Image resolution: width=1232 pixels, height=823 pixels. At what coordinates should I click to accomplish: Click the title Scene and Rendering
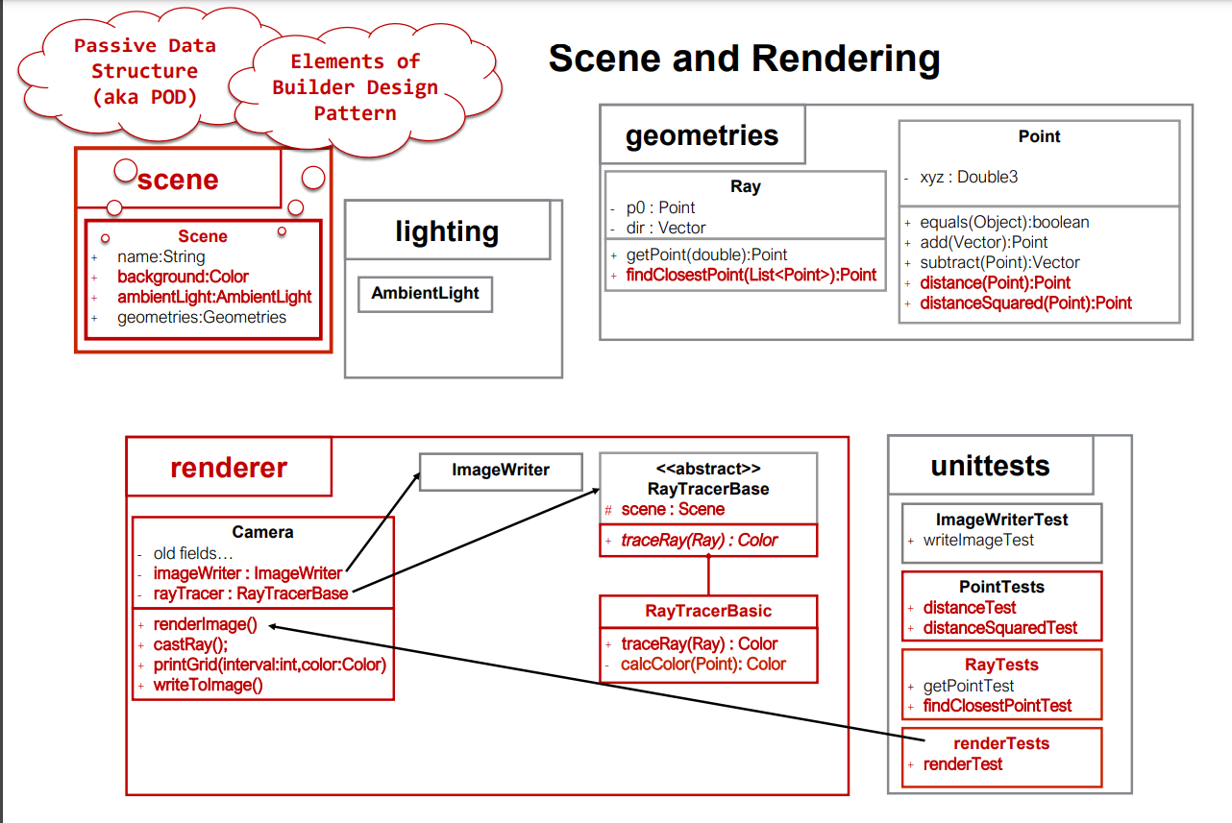tap(744, 60)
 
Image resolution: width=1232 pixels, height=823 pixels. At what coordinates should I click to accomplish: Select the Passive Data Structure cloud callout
tap(144, 71)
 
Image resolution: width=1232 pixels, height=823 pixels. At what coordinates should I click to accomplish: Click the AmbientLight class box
tap(425, 294)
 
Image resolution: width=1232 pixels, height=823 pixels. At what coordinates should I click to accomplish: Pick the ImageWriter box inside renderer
tap(501, 471)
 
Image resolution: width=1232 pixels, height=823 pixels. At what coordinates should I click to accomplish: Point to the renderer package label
tap(229, 468)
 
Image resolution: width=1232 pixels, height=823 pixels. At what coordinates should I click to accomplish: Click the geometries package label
tap(702, 135)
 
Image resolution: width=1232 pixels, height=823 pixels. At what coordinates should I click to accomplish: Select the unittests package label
tap(990, 466)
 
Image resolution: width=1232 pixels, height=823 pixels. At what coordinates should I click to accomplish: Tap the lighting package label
tap(447, 231)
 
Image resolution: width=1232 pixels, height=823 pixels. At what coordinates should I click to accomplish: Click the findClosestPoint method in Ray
tap(751, 275)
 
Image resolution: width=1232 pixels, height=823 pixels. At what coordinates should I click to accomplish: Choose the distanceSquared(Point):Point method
tap(1025, 303)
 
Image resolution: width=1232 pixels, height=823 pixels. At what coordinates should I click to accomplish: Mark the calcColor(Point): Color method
tap(702, 665)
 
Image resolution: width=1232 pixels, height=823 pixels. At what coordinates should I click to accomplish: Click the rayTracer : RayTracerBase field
tap(250, 593)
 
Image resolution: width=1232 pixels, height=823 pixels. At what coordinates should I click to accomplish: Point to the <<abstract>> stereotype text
tap(708, 470)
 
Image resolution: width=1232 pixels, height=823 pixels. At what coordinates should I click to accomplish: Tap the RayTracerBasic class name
tap(708, 611)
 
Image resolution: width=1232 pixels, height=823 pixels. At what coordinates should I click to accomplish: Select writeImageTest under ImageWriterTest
tap(978, 541)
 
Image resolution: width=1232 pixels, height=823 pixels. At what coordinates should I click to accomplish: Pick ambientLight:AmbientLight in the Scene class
tap(214, 297)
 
